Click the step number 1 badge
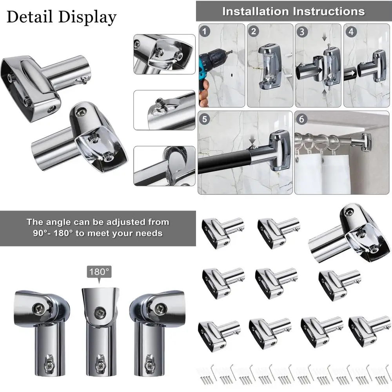tap(204, 31)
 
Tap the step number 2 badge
tap(254, 31)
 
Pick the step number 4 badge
tap(350, 31)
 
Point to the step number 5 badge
tap(205, 118)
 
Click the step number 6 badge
tap(302, 118)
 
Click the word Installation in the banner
tap(254, 11)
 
